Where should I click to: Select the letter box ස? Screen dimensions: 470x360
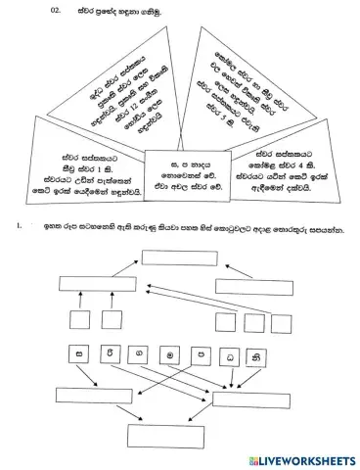pyautogui.click(x=78, y=353)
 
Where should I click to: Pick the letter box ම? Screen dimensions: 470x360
pyautogui.click(x=173, y=353)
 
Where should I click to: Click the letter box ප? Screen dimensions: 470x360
pyautogui.click(x=205, y=353)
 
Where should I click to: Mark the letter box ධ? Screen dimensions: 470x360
pyautogui.click(x=236, y=353)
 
